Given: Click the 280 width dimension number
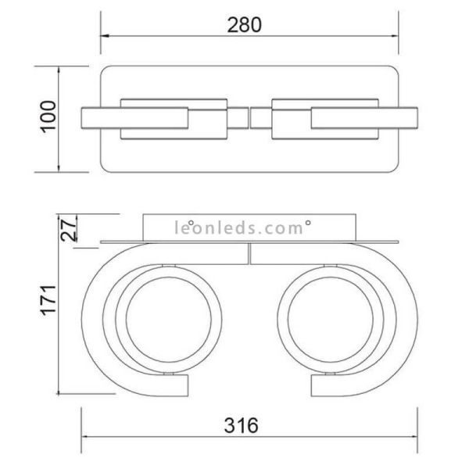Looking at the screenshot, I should pyautogui.click(x=244, y=24).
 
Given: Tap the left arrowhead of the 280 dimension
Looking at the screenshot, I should pyautogui.click(x=104, y=36).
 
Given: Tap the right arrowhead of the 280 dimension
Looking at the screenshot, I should pyautogui.click(x=396, y=36).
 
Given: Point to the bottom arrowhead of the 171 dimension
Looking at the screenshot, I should pyautogui.click(x=60, y=394).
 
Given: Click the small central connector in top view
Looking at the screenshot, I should pyautogui.click(x=250, y=118).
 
